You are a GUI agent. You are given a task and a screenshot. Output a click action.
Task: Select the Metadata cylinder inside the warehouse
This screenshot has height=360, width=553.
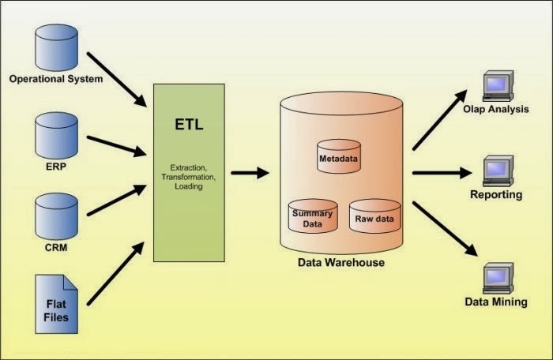click(x=338, y=156)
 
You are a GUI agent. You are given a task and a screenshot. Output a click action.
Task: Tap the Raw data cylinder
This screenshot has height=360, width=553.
click(x=375, y=215)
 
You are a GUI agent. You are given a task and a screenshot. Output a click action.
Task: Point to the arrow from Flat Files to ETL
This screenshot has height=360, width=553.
click(x=115, y=276)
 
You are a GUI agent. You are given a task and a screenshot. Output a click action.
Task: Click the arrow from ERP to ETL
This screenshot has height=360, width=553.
click(x=117, y=145)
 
